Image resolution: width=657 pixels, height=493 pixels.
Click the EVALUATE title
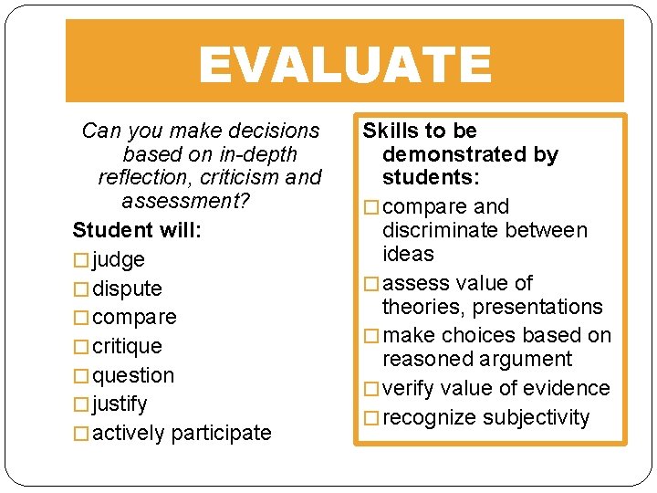pyautogui.click(x=344, y=65)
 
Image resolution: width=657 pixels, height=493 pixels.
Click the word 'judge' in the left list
pyautogui.click(x=119, y=260)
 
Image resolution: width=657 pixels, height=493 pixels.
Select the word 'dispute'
pyautogui.click(x=127, y=289)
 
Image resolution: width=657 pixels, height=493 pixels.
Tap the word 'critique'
pyautogui.click(x=127, y=347)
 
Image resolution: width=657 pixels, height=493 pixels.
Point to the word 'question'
pyautogui.click(x=133, y=375)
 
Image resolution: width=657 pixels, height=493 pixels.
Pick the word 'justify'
pyautogui.click(x=120, y=404)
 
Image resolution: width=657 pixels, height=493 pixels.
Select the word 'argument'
pyautogui.click(x=530, y=360)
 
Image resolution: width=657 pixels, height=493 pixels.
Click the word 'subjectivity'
pyautogui.click(x=537, y=417)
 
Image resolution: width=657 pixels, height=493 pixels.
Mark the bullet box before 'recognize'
pyautogui.click(x=370, y=418)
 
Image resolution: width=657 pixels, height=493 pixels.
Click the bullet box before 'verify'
pyautogui.click(x=370, y=389)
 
